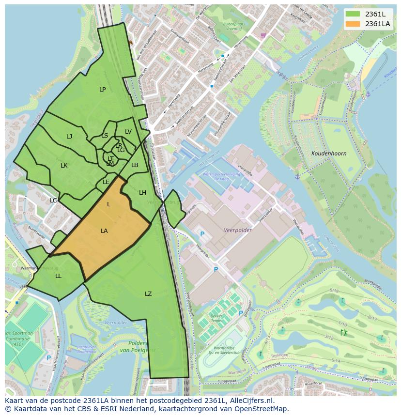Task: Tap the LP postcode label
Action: [102, 90]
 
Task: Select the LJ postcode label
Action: [69, 137]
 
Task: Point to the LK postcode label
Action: [64, 166]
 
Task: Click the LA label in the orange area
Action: [104, 231]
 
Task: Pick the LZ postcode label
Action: [148, 294]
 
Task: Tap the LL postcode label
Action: [58, 276]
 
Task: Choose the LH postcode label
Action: [142, 193]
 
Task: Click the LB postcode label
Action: [135, 165]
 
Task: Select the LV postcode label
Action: [128, 132]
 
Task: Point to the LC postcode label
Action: [53, 201]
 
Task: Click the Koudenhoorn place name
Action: [329, 154]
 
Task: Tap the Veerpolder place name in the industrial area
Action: [237, 231]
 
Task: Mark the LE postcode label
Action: [106, 182]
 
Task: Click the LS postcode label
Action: [105, 136]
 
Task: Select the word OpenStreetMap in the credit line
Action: [264, 409]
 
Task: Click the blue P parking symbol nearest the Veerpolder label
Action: [202, 234]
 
